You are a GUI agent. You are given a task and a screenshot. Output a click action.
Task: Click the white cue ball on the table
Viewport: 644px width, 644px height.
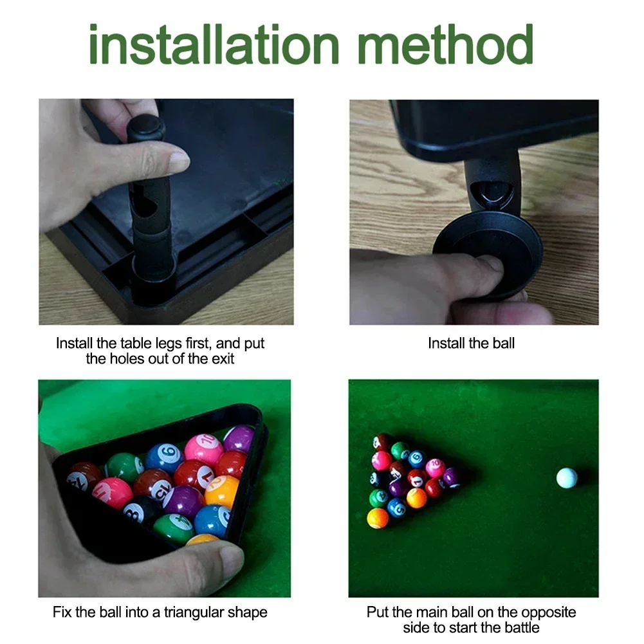566,477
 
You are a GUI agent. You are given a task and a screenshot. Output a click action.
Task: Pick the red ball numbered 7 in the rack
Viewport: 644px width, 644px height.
195,475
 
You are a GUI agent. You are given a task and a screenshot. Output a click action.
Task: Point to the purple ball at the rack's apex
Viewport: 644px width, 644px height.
239,439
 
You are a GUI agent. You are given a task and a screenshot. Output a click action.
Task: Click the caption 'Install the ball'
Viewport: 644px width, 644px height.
471,344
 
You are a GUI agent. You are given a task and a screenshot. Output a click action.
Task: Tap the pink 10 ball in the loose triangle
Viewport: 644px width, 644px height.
435,468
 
